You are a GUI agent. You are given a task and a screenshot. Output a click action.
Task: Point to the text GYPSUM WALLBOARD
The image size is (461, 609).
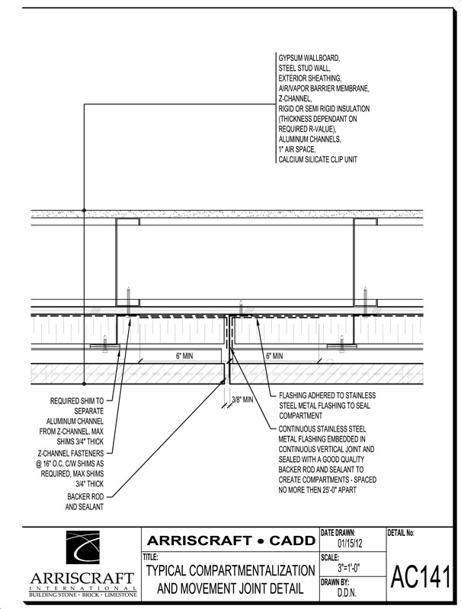[309, 58]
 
